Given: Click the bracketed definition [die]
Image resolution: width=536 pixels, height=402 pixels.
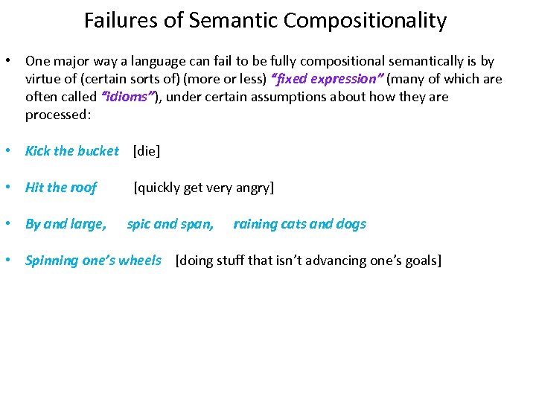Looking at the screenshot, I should click(x=147, y=151).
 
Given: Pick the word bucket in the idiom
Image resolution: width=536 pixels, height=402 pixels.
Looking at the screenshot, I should click(x=98, y=151).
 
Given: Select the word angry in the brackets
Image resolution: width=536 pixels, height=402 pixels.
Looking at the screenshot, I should click(x=255, y=188).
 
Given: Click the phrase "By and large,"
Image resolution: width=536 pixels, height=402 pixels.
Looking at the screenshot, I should click(x=66, y=224).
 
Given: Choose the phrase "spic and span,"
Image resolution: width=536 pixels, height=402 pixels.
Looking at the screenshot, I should click(x=170, y=224).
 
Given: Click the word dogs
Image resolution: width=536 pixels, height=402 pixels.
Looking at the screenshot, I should click(x=350, y=224).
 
